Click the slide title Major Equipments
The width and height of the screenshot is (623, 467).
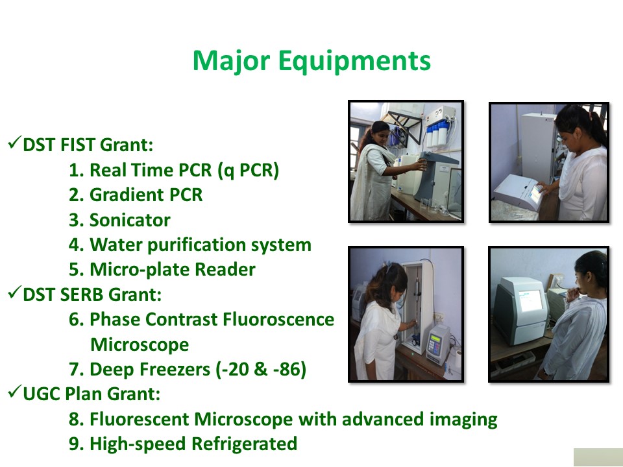coord(311,62)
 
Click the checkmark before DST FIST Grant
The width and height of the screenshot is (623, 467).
coord(14,143)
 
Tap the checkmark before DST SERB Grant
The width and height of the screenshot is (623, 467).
coord(14,293)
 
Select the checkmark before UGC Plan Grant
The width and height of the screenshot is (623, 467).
coord(14,392)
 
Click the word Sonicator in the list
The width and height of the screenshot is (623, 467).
coord(130,220)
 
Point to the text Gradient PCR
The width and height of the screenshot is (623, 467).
coord(146,195)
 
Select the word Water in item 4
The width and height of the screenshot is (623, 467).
coord(116,245)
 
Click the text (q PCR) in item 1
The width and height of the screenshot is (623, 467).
coord(249,171)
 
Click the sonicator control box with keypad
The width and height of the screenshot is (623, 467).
coord(438,344)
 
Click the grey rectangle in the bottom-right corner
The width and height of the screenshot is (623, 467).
coord(598,457)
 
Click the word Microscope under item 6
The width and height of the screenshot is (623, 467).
coord(140,344)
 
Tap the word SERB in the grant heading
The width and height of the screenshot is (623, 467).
coord(82,294)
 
